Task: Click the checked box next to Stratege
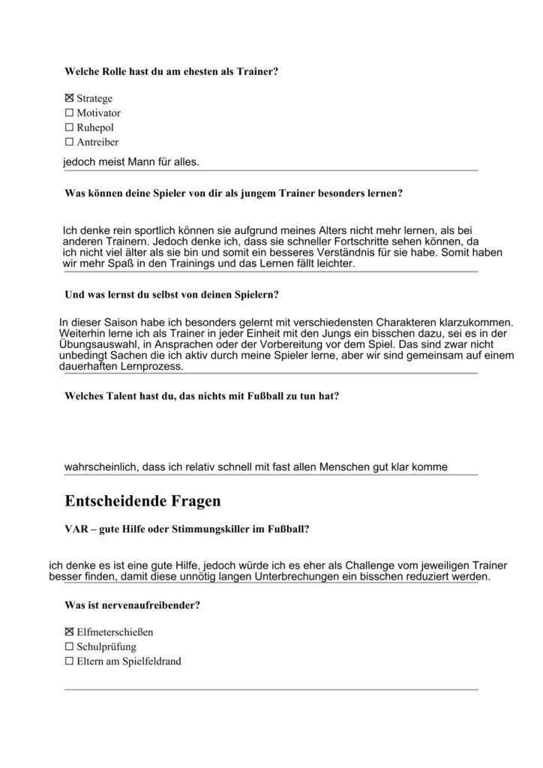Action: click(x=70, y=98)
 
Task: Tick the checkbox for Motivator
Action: click(x=70, y=113)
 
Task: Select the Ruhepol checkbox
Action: click(x=70, y=127)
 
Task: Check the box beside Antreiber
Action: click(x=70, y=142)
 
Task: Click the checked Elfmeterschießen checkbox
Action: click(x=70, y=632)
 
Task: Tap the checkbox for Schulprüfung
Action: click(x=70, y=646)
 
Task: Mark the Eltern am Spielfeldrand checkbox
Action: click(x=70, y=661)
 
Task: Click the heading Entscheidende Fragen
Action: click(x=142, y=499)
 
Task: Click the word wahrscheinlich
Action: click(x=102, y=466)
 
